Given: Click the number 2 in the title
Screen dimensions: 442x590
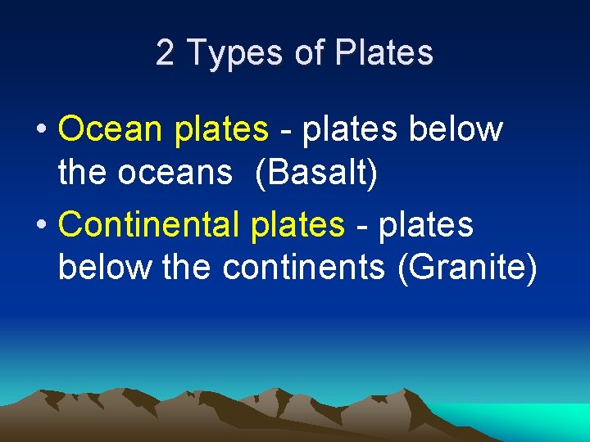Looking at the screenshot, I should [x=165, y=53].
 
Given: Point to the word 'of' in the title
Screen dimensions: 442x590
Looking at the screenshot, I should [x=311, y=53].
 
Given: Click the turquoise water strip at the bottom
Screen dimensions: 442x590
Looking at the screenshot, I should [x=533, y=422].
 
